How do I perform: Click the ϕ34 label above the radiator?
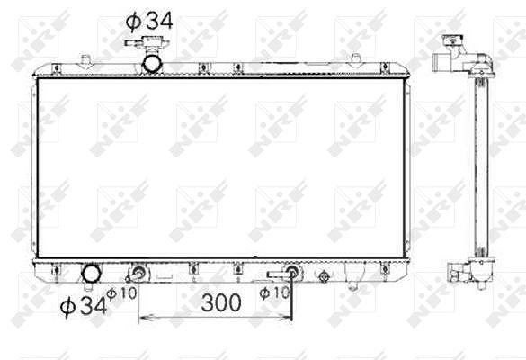149,21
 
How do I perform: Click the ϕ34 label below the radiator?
84,306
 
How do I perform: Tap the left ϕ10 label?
121,293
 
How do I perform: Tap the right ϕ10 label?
274,292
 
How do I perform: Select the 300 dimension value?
221,302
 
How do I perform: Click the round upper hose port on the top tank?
152,64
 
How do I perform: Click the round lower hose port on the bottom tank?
91,274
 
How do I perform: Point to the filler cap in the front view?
147,43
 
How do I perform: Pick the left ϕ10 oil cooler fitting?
138,273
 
